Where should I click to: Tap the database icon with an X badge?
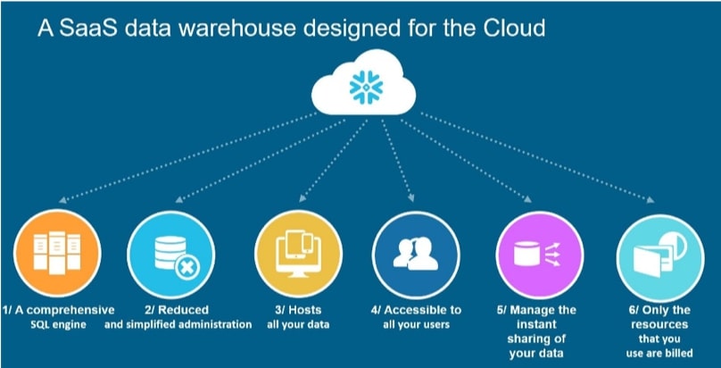pos(166,248)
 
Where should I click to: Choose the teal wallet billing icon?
pos(656,248)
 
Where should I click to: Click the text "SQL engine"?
pos(58,325)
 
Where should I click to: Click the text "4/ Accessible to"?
pos(417,310)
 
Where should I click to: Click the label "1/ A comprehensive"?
pos(58,310)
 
